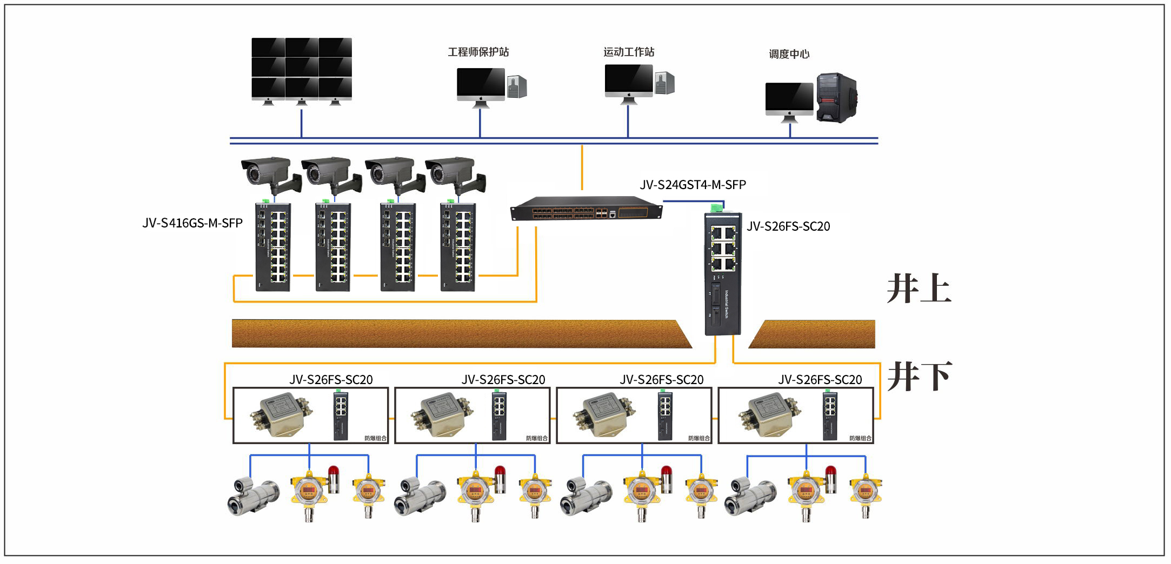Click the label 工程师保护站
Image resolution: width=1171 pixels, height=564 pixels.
478,52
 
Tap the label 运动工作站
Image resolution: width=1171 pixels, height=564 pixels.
629,52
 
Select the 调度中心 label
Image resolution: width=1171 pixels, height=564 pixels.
789,54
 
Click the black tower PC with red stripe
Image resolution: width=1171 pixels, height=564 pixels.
836,98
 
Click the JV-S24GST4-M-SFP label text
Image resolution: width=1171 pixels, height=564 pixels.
693,185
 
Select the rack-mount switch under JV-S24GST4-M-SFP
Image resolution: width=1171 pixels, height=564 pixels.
586,209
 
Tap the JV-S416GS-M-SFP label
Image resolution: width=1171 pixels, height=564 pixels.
192,223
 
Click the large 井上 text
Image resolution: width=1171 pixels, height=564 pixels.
919,289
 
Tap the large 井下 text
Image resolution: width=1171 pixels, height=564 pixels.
919,377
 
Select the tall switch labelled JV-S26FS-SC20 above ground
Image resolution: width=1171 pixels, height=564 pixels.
722,273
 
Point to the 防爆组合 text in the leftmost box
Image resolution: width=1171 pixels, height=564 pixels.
376,438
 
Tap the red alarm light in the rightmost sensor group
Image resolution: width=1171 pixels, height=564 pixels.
830,479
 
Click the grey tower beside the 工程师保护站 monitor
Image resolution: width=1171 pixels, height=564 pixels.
517,86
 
